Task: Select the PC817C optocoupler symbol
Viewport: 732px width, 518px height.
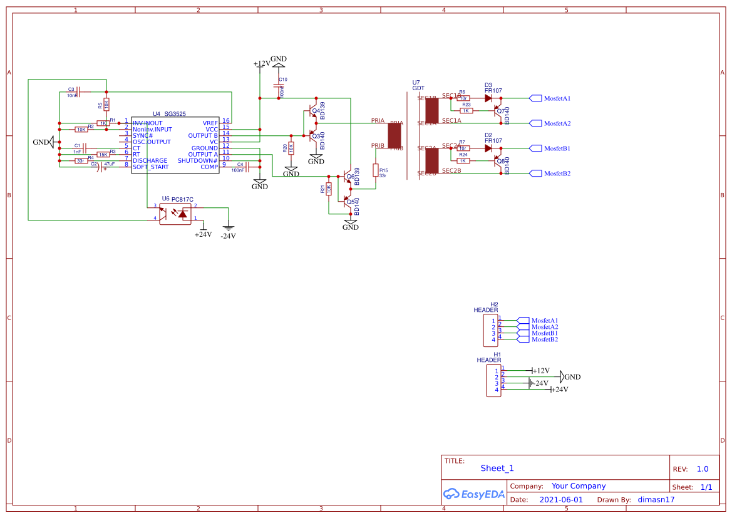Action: coord(175,214)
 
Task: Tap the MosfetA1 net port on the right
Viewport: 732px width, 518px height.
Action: coord(536,98)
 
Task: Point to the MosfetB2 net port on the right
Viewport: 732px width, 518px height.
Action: coord(536,174)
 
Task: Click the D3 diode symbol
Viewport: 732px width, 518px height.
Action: coord(488,98)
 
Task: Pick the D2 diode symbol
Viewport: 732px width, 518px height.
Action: coord(488,148)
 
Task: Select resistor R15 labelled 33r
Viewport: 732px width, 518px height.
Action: coord(376,170)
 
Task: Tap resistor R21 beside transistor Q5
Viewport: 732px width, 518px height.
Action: coord(328,189)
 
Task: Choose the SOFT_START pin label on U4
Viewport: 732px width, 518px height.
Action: coord(150,167)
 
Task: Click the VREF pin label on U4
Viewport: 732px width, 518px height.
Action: coord(210,123)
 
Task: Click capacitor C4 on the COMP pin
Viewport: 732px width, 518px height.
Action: coord(248,167)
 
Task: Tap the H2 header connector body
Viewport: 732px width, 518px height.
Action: coord(491,331)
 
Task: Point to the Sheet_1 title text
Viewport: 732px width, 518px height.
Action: coord(497,468)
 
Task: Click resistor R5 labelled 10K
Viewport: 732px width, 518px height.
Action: coord(105,103)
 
